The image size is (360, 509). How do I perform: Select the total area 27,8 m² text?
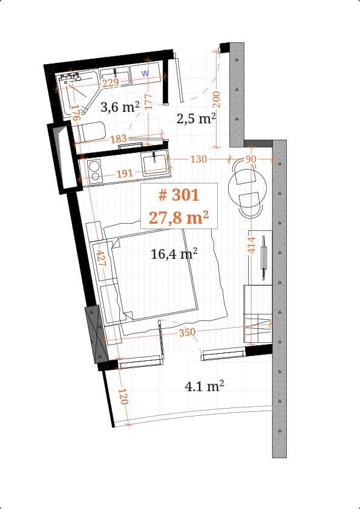(x=178, y=217)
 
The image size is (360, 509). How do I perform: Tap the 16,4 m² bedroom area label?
(x=174, y=254)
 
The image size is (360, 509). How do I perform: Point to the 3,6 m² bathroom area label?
(x=120, y=108)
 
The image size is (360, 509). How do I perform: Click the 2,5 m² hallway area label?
(x=196, y=118)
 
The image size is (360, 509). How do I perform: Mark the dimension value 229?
(x=110, y=83)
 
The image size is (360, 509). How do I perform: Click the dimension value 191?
(x=124, y=173)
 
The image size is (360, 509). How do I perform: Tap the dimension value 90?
(x=251, y=159)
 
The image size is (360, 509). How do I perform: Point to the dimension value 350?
(x=188, y=332)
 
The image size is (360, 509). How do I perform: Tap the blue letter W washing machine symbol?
(x=145, y=73)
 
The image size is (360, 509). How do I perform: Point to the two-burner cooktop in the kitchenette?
(x=94, y=170)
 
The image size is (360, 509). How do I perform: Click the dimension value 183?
(x=119, y=139)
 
